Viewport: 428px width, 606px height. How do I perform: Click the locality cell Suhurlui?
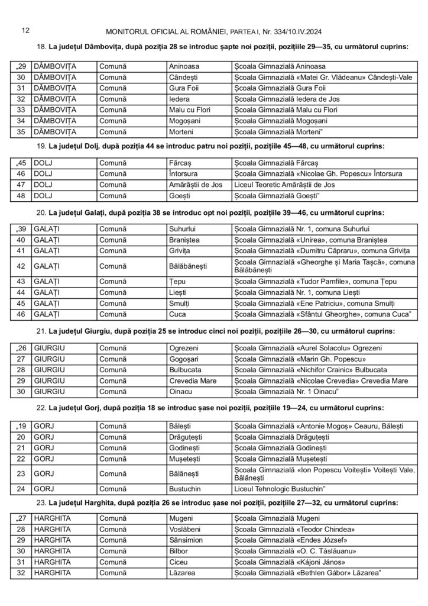point(183,229)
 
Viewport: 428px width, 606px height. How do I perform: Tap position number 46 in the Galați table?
point(21,314)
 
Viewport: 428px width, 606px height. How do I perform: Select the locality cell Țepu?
point(178,282)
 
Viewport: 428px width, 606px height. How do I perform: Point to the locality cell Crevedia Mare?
point(190,380)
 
